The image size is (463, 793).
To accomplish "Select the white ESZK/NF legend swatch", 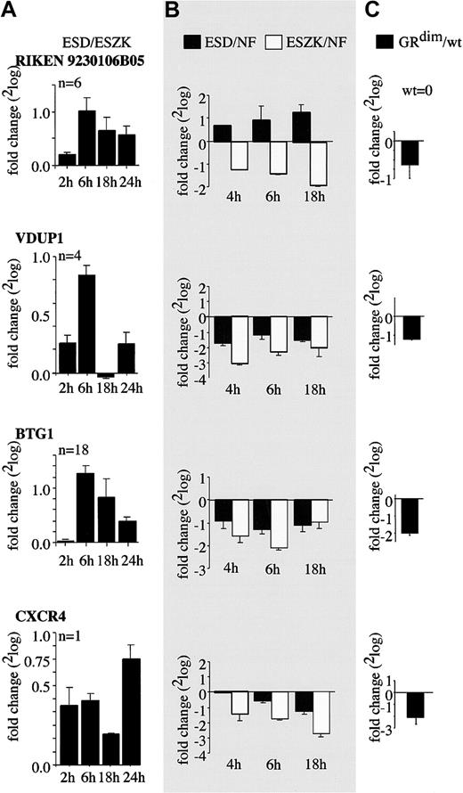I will [x=281, y=41].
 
